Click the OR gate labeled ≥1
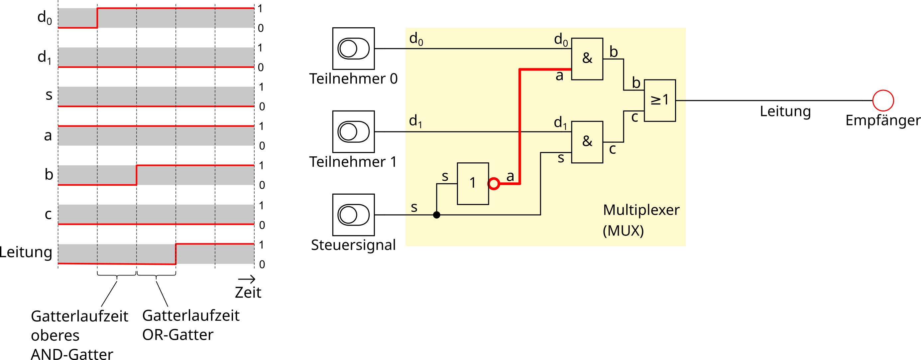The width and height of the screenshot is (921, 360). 660,100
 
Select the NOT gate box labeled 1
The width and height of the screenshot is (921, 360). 473,184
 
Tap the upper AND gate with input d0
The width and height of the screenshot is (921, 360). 587,59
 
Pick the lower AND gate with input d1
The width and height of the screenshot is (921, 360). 587,142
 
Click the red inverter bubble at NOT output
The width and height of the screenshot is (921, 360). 494,184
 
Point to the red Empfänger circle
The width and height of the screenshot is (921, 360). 883,100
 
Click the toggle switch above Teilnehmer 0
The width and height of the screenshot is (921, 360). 353,49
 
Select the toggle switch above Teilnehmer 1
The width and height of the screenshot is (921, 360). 353,132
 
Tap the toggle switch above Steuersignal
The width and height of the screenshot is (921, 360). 353,215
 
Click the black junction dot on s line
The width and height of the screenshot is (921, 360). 436,215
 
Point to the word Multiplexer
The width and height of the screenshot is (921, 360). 641,210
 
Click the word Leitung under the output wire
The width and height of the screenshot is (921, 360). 785,111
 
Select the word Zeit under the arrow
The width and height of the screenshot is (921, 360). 248,293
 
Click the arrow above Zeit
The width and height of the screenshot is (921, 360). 247,279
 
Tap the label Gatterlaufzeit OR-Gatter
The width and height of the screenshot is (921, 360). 190,325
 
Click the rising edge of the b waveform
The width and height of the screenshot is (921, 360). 137,175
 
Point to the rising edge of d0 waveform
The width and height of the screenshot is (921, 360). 97,18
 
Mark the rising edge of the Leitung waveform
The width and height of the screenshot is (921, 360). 175,254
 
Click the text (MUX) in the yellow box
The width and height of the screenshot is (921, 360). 623,231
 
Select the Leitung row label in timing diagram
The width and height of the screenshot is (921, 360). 26,252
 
